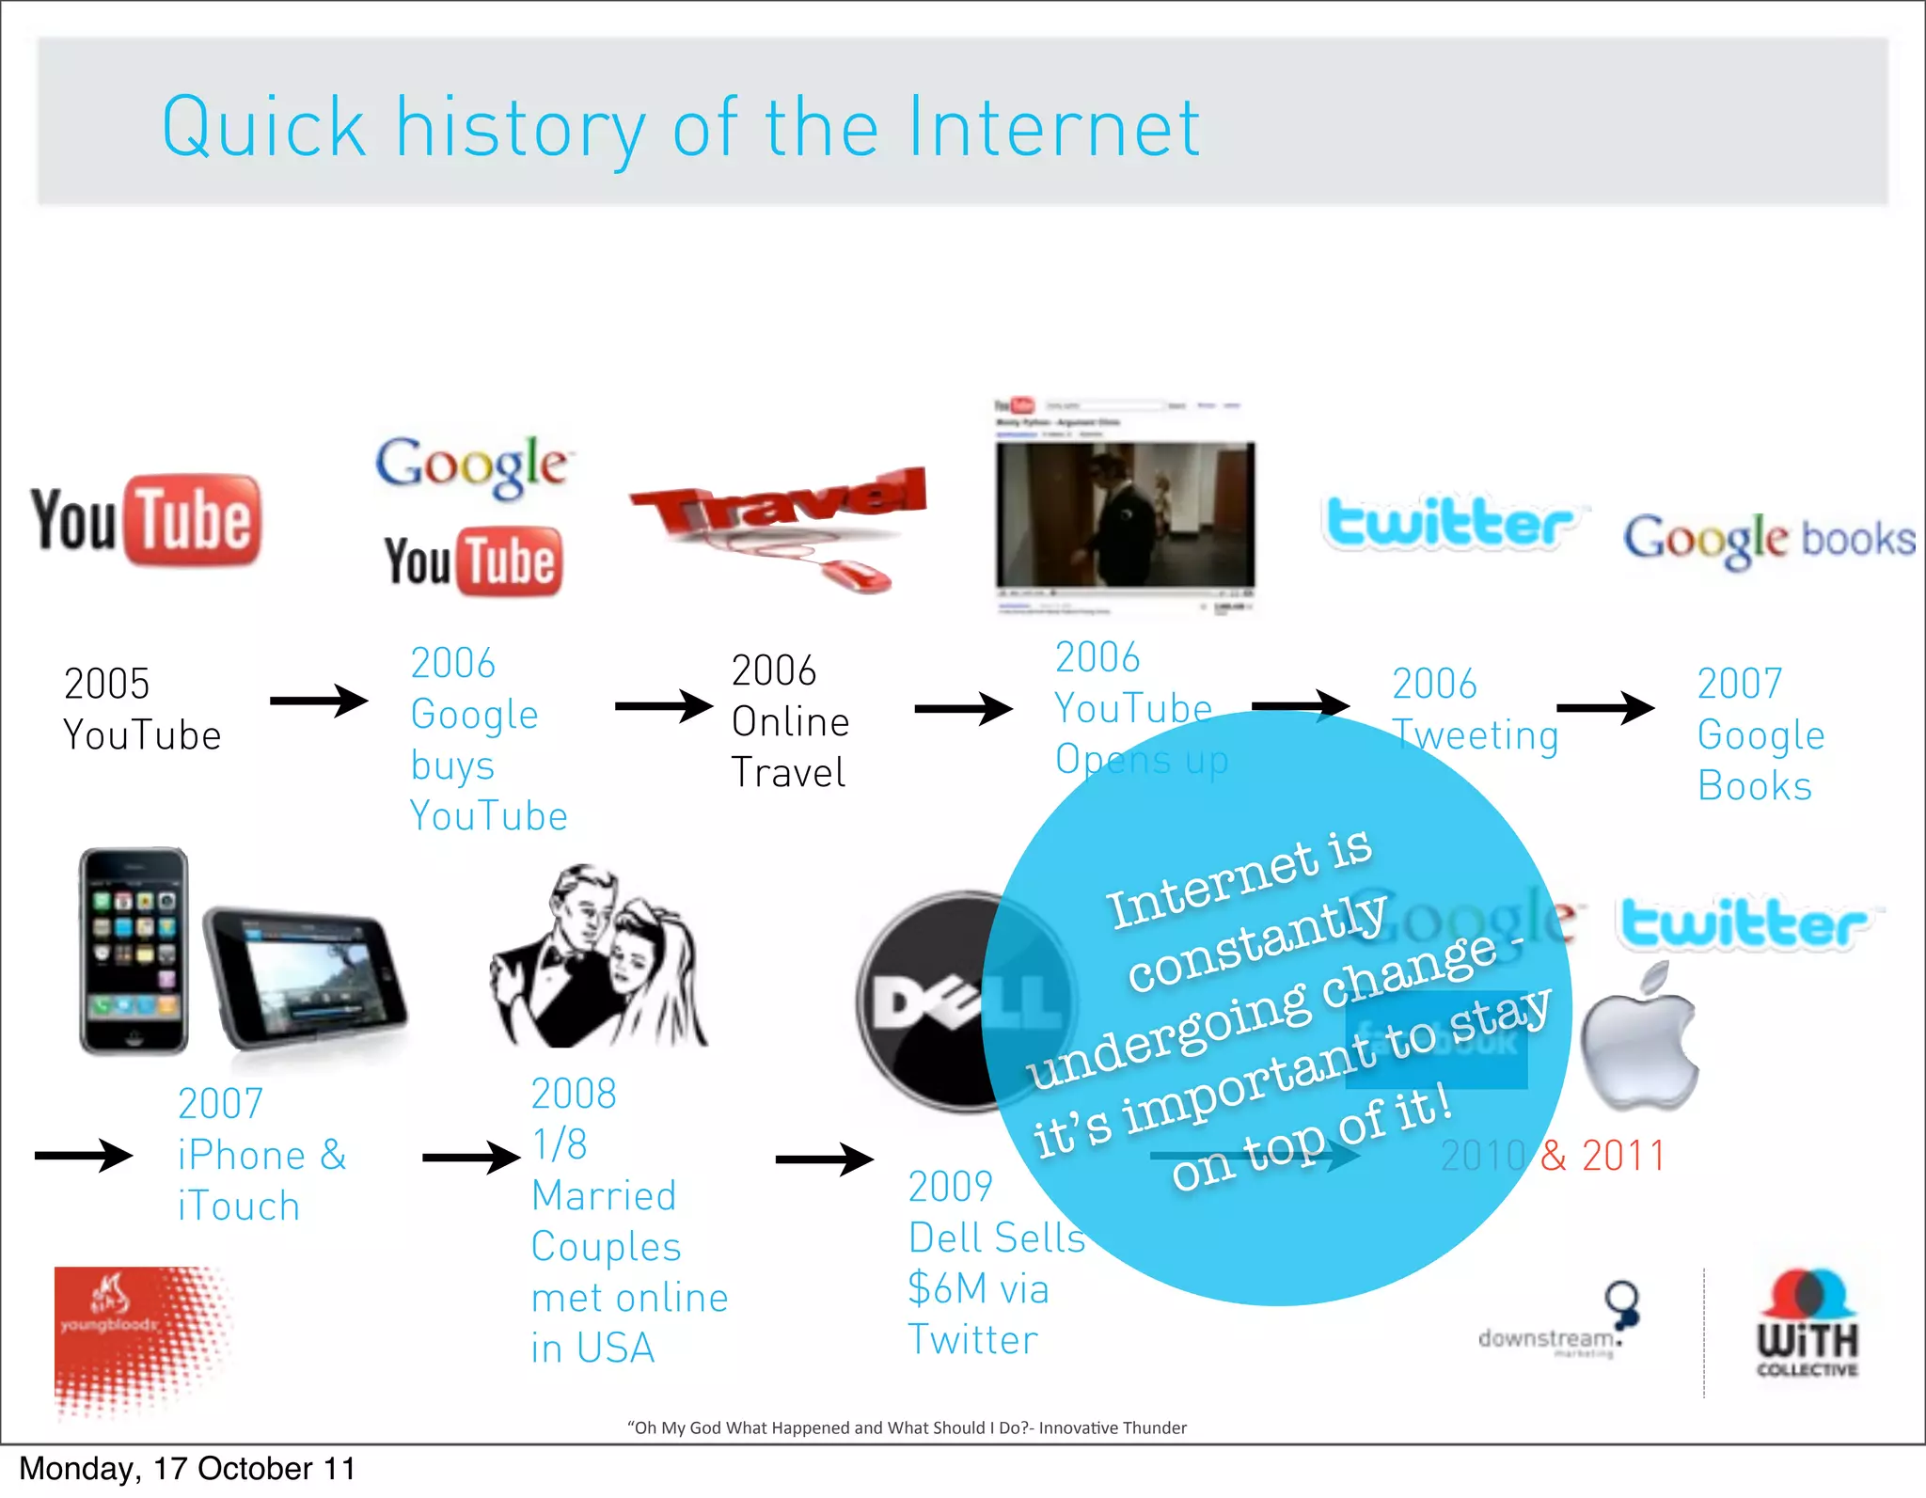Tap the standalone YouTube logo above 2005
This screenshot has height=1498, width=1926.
146,521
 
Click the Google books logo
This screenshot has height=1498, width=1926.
1768,539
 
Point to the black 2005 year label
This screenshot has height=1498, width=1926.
106,684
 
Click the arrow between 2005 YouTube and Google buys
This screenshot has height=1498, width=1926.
319,701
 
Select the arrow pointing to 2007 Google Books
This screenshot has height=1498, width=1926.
1604,707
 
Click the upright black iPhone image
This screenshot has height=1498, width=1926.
134,950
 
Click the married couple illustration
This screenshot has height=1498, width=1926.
597,957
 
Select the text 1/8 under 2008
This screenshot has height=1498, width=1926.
560,1144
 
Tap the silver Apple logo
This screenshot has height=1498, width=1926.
1638,1039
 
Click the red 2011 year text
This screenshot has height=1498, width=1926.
1623,1155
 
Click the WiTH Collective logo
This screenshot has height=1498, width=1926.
1807,1326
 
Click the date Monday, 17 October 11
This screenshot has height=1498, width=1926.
187,1469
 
